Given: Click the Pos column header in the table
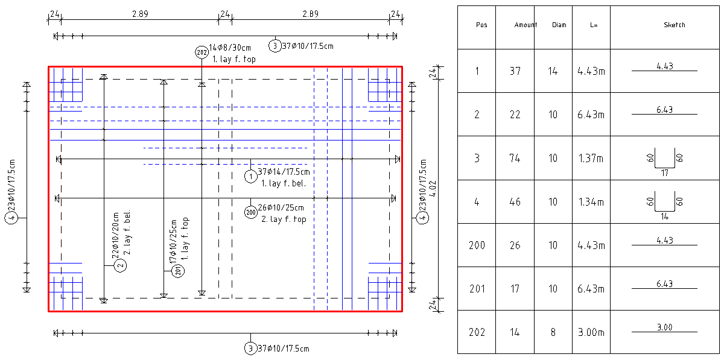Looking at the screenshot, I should tap(481, 25).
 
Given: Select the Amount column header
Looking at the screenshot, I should tap(526, 25).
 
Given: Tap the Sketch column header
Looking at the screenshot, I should tap(674, 25).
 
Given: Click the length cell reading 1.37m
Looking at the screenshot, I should tap(591, 159).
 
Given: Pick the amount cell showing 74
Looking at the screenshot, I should tap(515, 159).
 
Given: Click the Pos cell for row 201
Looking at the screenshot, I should tap(477, 289).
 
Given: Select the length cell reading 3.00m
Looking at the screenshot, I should tap(591, 332).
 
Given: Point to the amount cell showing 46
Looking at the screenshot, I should tap(515, 202).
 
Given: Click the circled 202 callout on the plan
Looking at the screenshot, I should tap(202, 52).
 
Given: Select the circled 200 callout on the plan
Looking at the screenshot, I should tap(251, 212).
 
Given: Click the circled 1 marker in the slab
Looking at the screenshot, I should tap(250, 176).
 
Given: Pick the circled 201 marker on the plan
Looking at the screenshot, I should tap(178, 271).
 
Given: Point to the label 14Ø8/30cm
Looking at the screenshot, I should tap(230, 48).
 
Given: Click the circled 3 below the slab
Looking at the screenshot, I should tap(250, 349).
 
